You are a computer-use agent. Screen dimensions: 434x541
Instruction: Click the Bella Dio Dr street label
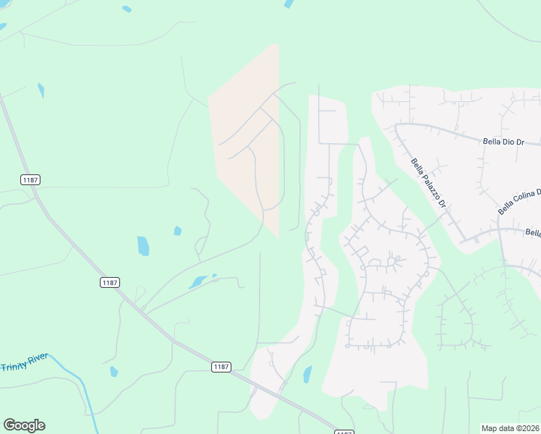(x=503, y=142)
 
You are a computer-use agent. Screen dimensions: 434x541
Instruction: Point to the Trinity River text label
(x=24, y=362)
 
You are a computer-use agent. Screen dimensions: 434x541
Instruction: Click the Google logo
(x=24, y=425)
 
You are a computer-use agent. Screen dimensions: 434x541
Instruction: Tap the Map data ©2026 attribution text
(x=511, y=428)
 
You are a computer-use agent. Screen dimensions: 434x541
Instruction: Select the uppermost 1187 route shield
(x=30, y=179)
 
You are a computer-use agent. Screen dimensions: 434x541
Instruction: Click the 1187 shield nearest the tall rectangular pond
(x=110, y=282)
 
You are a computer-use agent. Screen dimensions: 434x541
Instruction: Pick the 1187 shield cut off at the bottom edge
(x=344, y=432)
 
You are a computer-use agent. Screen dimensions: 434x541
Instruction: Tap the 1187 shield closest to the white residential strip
(x=222, y=367)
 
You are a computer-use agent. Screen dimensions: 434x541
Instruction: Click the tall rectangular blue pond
(x=143, y=246)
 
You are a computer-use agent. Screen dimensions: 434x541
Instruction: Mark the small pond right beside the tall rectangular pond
(x=177, y=231)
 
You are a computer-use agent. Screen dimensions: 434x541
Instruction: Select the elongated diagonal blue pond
(x=198, y=281)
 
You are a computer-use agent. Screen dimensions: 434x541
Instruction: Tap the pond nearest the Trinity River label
(x=114, y=372)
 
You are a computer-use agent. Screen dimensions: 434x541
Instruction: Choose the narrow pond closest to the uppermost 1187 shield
(x=41, y=90)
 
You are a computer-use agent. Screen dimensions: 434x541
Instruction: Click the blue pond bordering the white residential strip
(x=307, y=375)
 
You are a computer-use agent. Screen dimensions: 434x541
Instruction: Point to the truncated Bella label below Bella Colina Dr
(x=533, y=233)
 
